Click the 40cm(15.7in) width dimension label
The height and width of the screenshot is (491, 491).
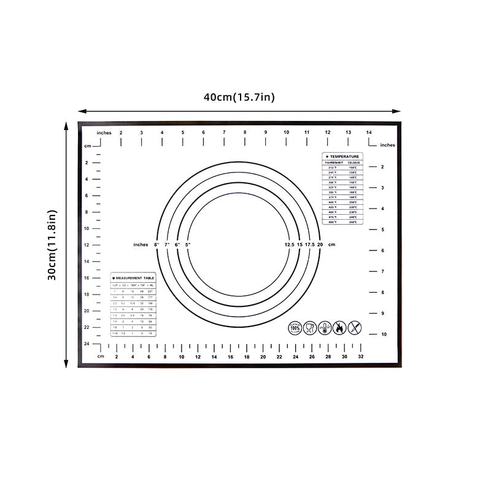tap(239, 97)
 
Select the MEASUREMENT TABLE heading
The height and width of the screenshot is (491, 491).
tap(134, 278)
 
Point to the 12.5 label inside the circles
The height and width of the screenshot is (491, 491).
tap(289, 245)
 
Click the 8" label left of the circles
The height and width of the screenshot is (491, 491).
tap(157, 245)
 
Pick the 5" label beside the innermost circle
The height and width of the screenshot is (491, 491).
tap(188, 245)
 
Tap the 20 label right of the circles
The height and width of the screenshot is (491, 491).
tap(320, 245)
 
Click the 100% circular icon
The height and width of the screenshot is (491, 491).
tap(295, 328)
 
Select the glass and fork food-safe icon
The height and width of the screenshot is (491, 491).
tap(310, 328)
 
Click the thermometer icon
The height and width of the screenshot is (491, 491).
tap(325, 328)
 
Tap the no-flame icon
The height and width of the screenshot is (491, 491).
tap(339, 328)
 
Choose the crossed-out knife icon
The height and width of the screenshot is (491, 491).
tap(355, 328)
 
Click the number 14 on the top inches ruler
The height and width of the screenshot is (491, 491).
tap(369, 132)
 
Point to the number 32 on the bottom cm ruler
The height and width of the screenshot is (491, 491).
tap(360, 357)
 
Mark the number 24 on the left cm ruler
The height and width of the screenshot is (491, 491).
tap(87, 344)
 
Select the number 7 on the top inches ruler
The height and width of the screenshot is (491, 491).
tap(224, 132)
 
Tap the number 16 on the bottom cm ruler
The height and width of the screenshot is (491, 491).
tap(230, 357)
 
